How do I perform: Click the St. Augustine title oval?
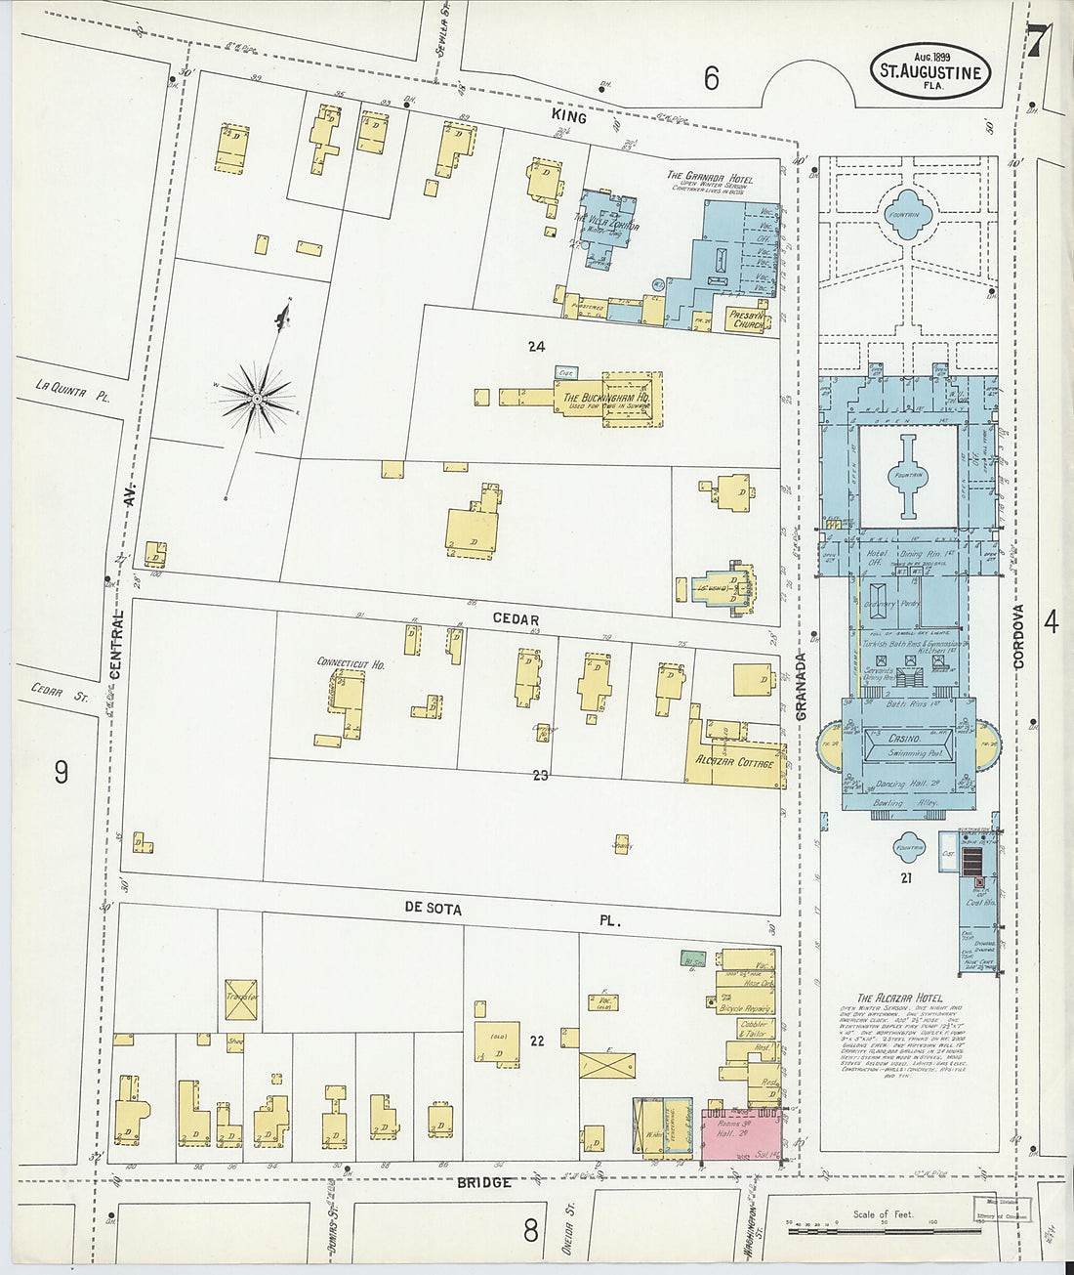(929, 70)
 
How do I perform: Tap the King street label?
(569, 117)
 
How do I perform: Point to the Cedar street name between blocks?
(515, 619)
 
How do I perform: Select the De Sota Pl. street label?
(434, 908)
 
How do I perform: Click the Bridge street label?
(484, 1182)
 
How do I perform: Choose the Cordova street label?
(1018, 636)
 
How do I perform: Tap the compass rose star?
(257, 398)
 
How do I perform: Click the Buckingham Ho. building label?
(606, 399)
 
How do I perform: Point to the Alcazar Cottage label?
(734, 761)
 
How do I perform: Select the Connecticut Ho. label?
(351, 663)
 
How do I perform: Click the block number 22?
(536, 1041)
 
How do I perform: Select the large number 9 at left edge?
(62, 773)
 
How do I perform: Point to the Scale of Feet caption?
(883, 1214)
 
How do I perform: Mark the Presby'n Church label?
(748, 319)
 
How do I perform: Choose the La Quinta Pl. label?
(73, 390)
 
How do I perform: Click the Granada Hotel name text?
(710, 177)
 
